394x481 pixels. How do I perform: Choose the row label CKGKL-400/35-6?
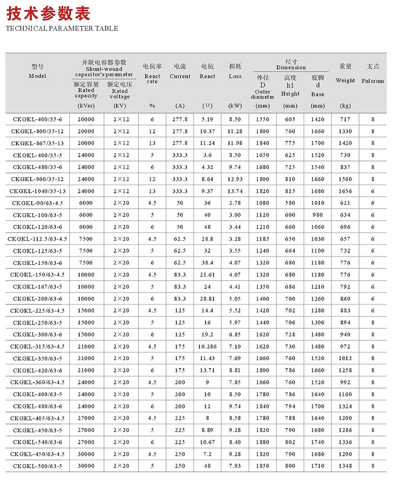click(x=37, y=119)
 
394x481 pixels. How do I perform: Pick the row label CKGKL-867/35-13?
click(x=37, y=143)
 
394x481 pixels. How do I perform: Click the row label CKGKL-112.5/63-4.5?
click(x=37, y=239)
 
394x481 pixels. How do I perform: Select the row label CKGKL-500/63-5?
click(x=37, y=466)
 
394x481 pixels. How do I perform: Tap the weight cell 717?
click(x=345, y=119)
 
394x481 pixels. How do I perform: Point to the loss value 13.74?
click(x=235, y=191)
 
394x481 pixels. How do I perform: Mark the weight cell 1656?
click(x=345, y=191)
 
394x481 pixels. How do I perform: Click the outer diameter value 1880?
click(x=263, y=442)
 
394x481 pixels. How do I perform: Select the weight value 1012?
click(x=345, y=358)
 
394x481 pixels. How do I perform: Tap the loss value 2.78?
click(x=235, y=203)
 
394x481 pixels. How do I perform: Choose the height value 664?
click(x=290, y=250)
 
